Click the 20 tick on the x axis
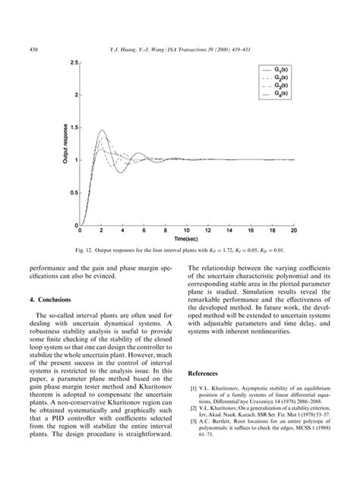click(x=293, y=231)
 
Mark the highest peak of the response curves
click(x=102, y=130)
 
